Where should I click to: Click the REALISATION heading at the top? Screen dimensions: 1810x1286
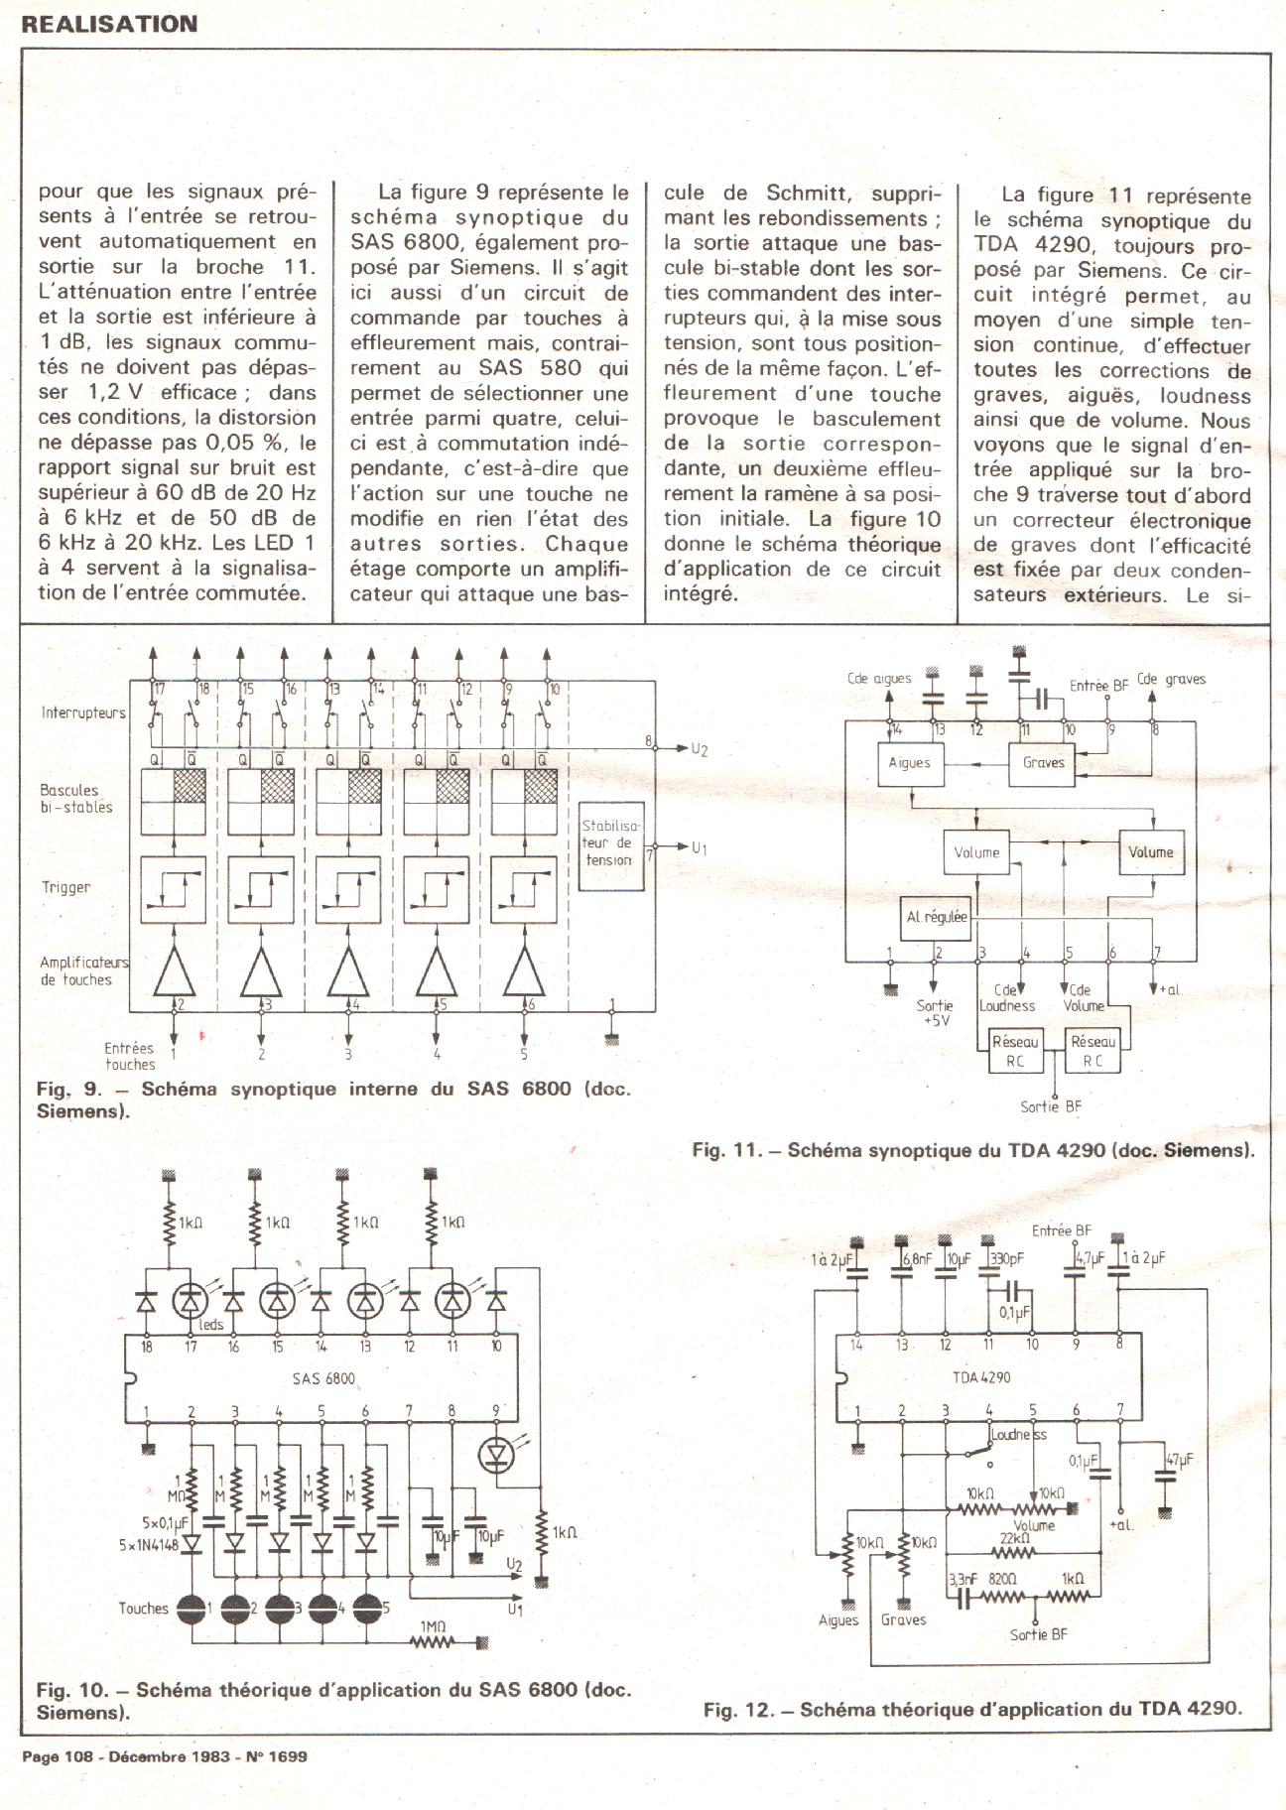(109, 24)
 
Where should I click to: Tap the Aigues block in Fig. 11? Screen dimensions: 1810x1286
(910, 763)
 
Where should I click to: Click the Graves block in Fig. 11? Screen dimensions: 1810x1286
(1043, 763)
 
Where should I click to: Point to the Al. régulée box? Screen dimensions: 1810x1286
(936, 917)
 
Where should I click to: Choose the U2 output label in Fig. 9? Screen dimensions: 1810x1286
(700, 749)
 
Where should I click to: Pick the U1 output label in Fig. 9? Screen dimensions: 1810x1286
(700, 848)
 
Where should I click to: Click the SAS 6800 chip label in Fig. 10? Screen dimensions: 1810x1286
(323, 1378)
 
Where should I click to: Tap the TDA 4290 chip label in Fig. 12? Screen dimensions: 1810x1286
(981, 1377)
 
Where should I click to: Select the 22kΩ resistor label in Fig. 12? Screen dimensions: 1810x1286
(1012, 1537)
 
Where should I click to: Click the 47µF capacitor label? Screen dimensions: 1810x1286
(1179, 1461)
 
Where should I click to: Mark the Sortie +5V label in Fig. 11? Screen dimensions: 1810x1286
(935, 1012)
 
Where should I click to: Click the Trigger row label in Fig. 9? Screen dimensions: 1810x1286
(65, 888)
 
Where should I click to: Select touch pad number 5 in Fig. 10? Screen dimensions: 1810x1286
(368, 1609)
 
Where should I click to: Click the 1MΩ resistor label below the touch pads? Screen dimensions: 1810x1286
(434, 1626)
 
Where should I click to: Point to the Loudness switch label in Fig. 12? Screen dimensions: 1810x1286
(1018, 1435)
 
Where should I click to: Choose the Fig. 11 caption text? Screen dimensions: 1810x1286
(972, 1151)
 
